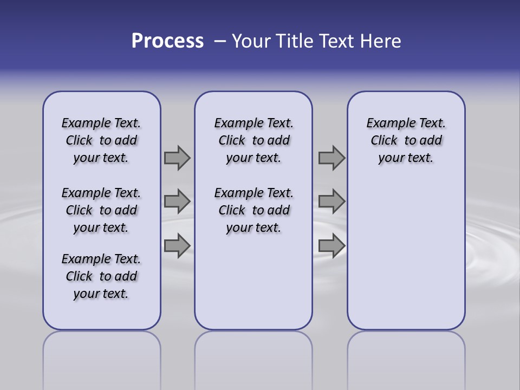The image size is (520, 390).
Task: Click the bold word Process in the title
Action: pos(167,41)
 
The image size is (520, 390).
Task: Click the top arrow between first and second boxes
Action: pos(177,158)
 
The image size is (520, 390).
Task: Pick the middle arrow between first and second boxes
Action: pos(177,201)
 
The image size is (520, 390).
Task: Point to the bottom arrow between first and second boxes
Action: pos(177,245)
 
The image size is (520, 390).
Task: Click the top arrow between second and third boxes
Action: pos(331,158)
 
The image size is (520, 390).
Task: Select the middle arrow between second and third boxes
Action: pos(331,201)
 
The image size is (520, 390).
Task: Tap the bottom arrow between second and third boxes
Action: pos(331,245)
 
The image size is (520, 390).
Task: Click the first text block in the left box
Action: pos(101,140)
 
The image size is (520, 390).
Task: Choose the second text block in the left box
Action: pos(101,210)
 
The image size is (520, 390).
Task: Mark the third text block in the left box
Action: pos(101,276)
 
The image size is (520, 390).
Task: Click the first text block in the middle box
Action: pos(253,140)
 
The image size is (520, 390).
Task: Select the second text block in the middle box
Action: pos(253,210)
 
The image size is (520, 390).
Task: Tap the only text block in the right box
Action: pos(406,140)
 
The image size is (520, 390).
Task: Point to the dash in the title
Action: pos(219,41)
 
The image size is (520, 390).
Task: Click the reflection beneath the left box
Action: pos(102,357)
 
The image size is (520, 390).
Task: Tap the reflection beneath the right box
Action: pos(406,357)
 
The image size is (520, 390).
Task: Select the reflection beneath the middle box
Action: pos(253,357)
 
